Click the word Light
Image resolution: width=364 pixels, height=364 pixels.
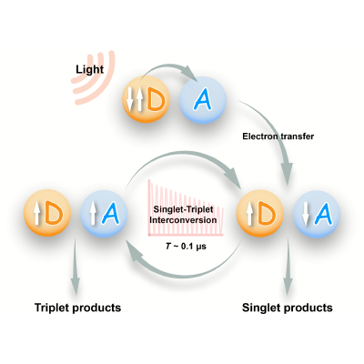tap(90, 69)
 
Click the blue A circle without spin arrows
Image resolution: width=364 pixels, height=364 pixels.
tap(203, 100)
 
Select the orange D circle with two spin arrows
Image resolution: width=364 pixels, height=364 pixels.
tap(146, 99)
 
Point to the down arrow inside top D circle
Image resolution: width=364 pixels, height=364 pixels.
tap(130, 99)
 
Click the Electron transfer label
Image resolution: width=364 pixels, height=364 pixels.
tap(278, 136)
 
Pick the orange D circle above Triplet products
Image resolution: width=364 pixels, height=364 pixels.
tap(47, 214)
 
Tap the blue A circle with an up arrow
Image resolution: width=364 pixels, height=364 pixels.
tap(104, 214)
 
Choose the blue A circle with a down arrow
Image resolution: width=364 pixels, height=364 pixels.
tap(317, 214)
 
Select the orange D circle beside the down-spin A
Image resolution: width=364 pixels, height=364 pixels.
tap(260, 214)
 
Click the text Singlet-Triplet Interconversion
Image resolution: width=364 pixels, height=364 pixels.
tap(183, 215)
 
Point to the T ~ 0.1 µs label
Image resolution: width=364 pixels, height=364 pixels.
tap(186, 247)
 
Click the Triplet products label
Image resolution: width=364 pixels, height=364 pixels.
tap(77, 308)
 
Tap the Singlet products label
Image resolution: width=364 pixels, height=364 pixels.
tap(288, 308)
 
